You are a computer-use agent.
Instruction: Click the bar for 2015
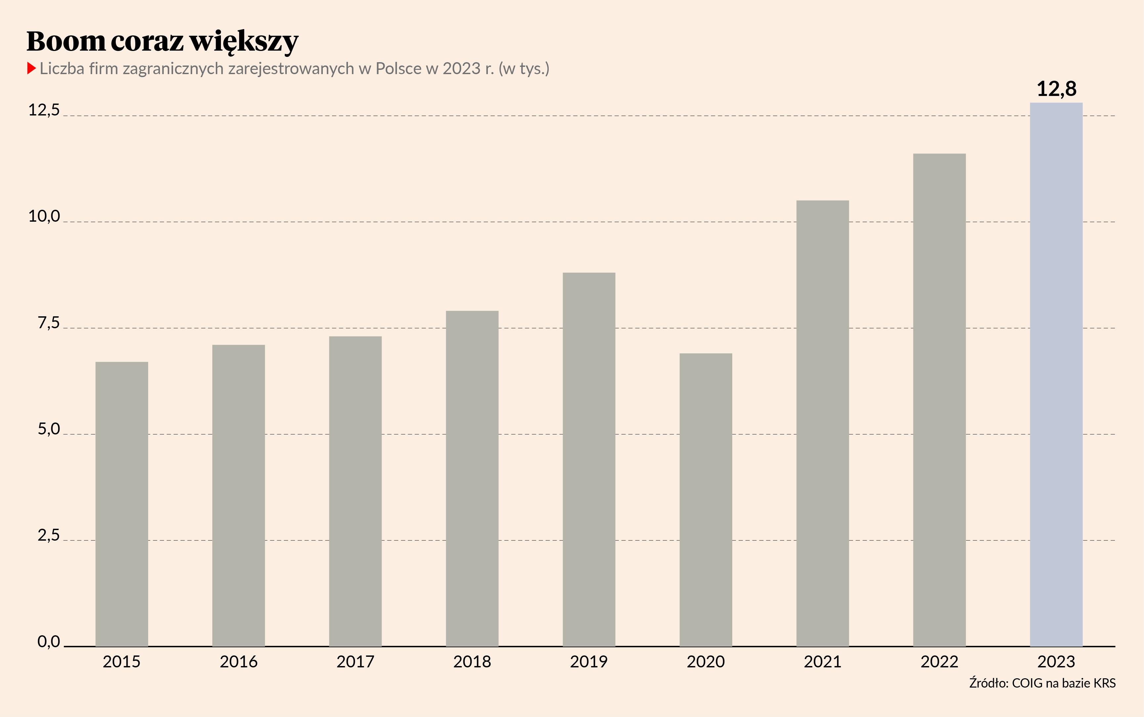tap(122, 504)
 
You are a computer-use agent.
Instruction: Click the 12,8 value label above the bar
tap(1056, 89)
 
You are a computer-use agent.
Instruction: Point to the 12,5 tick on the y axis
tap(44, 110)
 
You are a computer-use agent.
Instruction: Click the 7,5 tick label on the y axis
tap(49, 323)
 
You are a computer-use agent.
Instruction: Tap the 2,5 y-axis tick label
tap(49, 535)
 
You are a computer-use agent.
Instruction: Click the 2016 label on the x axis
tap(238, 661)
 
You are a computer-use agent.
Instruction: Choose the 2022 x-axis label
tap(939, 661)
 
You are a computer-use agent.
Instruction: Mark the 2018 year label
tap(472, 661)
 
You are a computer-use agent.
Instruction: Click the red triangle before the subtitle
tap(31, 68)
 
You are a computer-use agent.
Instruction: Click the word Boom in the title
tap(66, 41)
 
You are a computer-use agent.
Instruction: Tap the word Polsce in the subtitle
tap(398, 69)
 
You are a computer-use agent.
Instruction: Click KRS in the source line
tap(1104, 683)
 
